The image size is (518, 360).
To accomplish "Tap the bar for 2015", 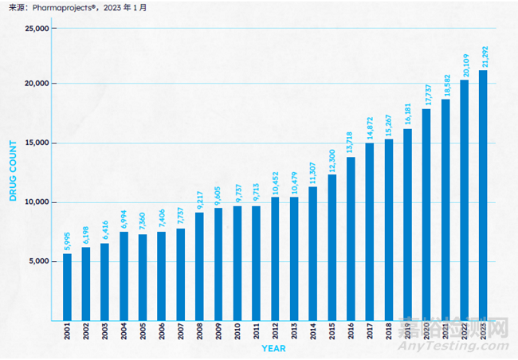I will (x=332, y=248).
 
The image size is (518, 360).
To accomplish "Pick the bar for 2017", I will (x=370, y=232).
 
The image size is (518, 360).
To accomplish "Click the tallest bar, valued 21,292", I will (x=483, y=195).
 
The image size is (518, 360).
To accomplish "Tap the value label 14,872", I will (x=370, y=128).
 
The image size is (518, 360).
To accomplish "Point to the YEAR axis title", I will (x=274, y=348).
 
